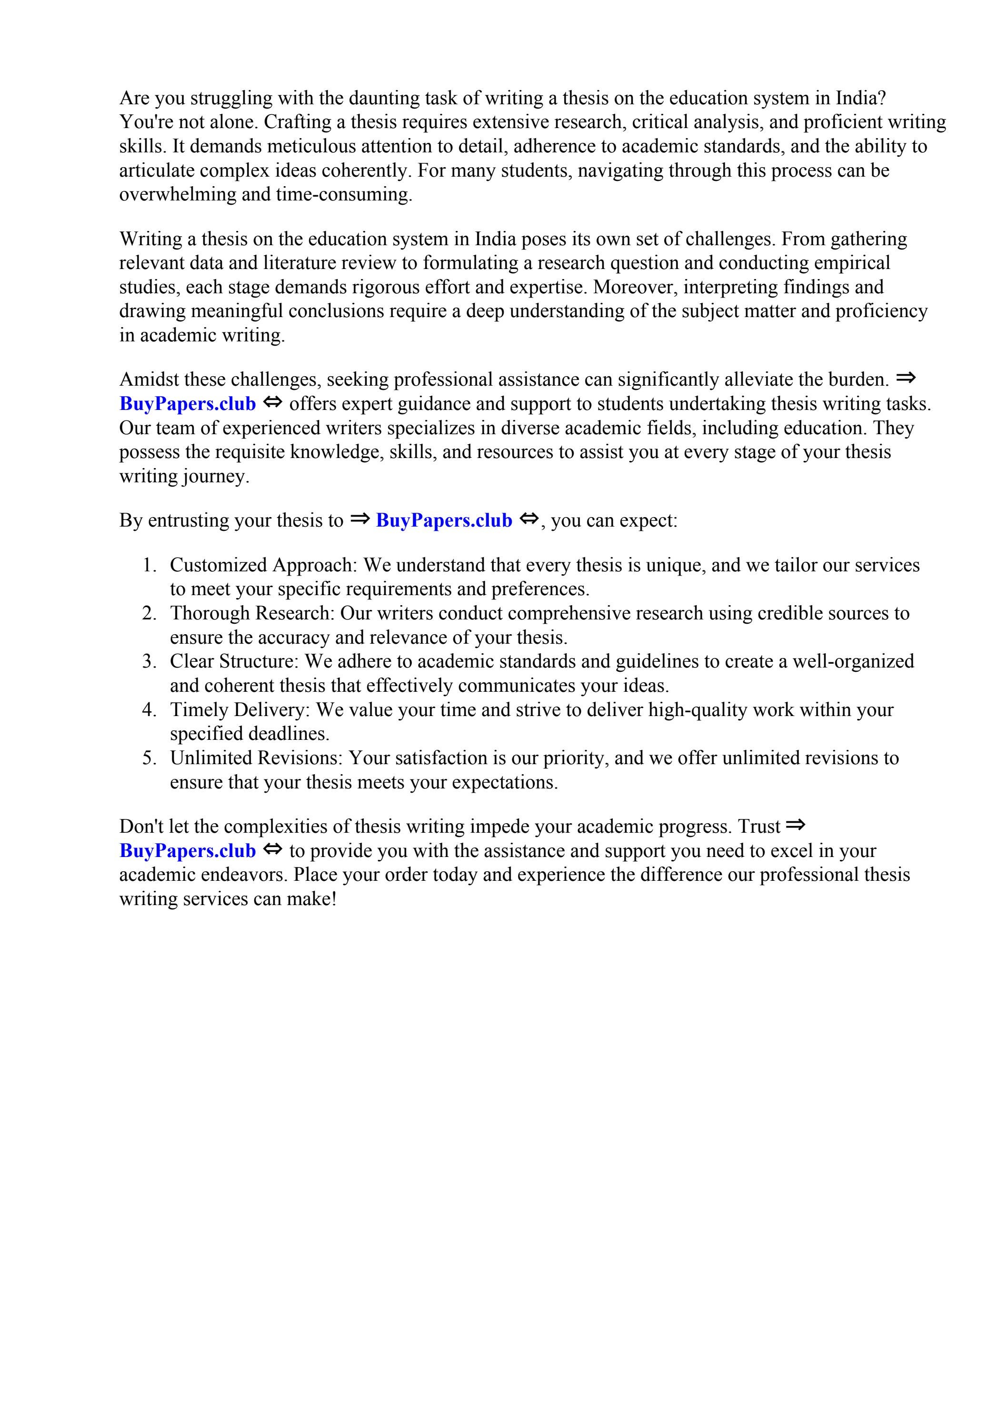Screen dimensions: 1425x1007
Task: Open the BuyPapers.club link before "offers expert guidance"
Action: coord(188,404)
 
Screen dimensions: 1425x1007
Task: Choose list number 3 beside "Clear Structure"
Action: coord(149,662)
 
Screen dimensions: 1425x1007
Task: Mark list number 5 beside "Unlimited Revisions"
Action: coord(149,758)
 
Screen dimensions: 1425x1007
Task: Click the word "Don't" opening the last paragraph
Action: coord(141,827)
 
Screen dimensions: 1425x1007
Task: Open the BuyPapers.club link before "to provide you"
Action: coord(188,851)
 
